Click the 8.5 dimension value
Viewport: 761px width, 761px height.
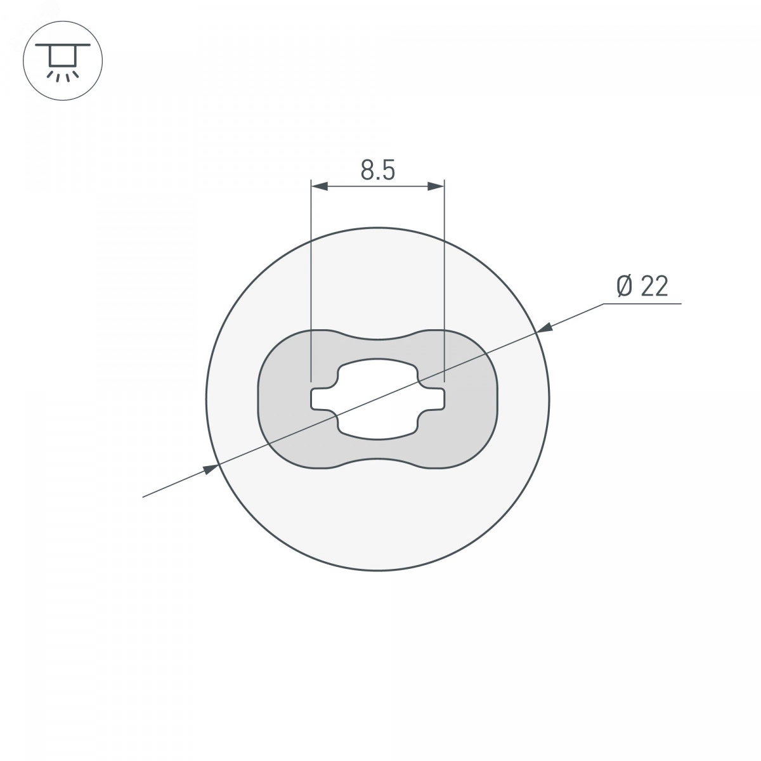(377, 170)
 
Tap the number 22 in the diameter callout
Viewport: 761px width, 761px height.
(654, 286)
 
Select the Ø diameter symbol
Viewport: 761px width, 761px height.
(625, 286)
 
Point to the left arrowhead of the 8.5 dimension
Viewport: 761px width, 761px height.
(320, 186)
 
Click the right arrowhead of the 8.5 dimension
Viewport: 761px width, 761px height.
(436, 186)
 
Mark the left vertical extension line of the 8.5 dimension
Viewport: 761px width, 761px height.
(311, 280)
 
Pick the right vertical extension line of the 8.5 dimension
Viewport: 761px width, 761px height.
(445, 280)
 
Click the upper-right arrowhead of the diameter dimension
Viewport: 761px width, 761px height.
(545, 328)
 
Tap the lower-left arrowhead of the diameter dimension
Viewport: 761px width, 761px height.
(210, 469)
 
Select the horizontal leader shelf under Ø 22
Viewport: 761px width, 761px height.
(642, 304)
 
